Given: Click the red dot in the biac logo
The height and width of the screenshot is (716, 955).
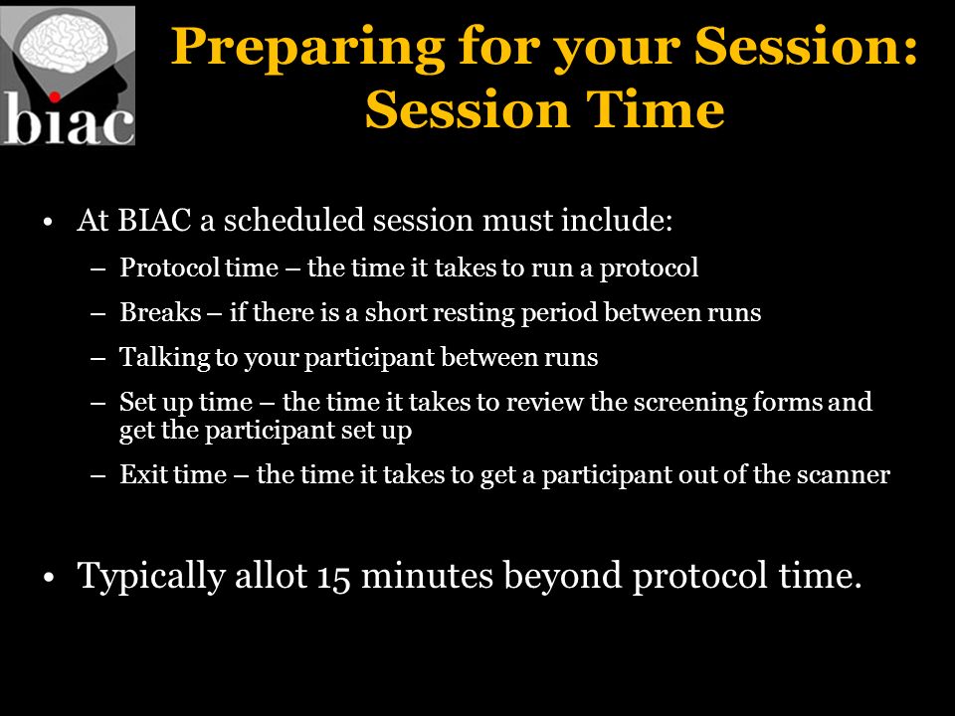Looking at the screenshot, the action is [x=54, y=96].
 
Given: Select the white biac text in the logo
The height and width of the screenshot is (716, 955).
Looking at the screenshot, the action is [x=69, y=119].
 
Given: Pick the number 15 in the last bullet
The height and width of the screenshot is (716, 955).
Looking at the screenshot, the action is [x=334, y=576].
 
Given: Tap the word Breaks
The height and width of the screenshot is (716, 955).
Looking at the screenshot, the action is [x=160, y=312].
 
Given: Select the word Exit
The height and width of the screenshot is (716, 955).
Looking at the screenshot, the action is [x=142, y=474].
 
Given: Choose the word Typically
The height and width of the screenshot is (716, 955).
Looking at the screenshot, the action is [x=151, y=576].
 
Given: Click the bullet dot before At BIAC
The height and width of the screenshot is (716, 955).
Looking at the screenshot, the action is [x=49, y=222].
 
